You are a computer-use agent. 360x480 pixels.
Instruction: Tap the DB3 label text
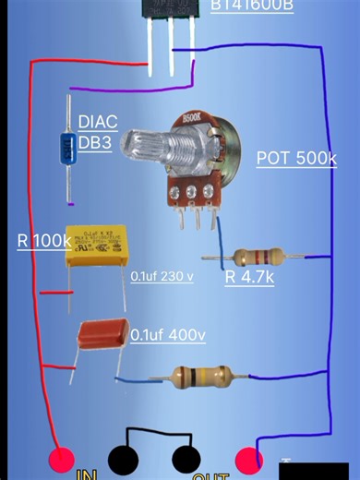click(x=98, y=143)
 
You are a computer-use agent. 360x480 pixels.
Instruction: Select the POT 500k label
click(x=296, y=158)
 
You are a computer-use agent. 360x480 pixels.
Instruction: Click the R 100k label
click(x=43, y=241)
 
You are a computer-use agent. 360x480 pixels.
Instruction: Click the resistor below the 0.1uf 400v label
click(x=196, y=376)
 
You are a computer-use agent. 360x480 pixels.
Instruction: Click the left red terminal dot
click(x=61, y=459)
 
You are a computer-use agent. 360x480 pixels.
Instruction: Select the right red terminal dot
click(x=248, y=458)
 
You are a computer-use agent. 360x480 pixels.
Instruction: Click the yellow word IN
click(x=88, y=474)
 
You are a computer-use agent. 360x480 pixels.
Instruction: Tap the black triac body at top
click(x=171, y=18)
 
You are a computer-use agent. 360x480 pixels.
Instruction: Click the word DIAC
click(x=98, y=122)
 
